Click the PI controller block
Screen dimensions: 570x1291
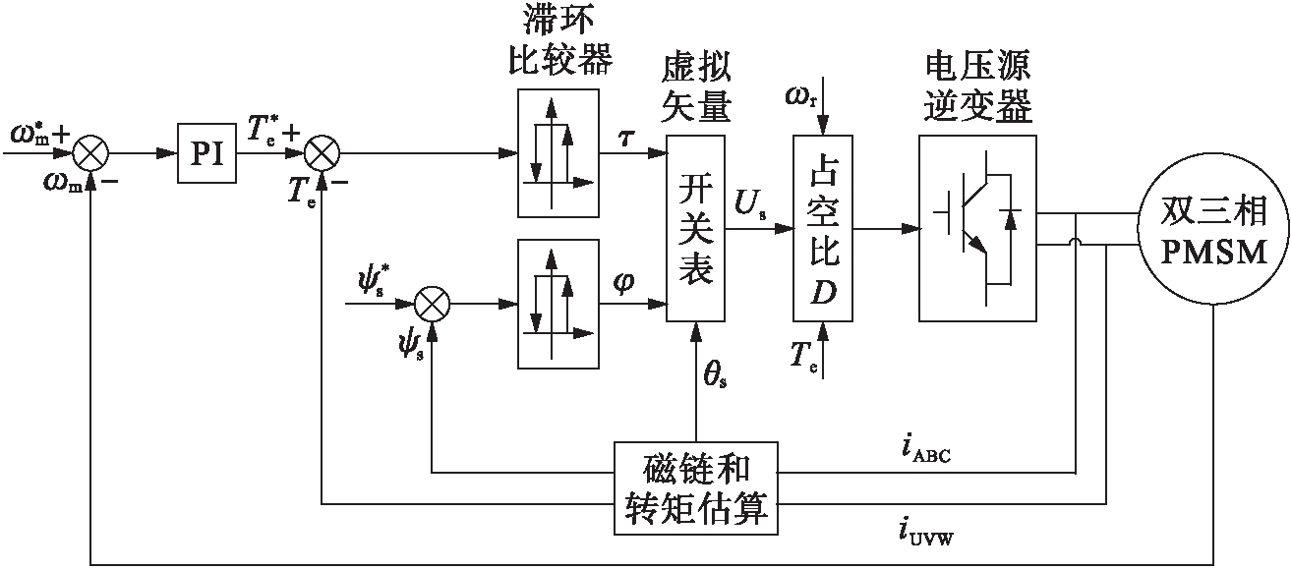tap(207, 154)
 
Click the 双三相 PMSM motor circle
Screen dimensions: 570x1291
tap(1213, 229)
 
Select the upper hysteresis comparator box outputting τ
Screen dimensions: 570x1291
tap(557, 152)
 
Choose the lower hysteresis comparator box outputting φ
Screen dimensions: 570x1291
tap(557, 305)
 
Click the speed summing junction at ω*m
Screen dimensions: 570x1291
tap(90, 154)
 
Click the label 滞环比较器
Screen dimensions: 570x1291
tap(557, 41)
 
